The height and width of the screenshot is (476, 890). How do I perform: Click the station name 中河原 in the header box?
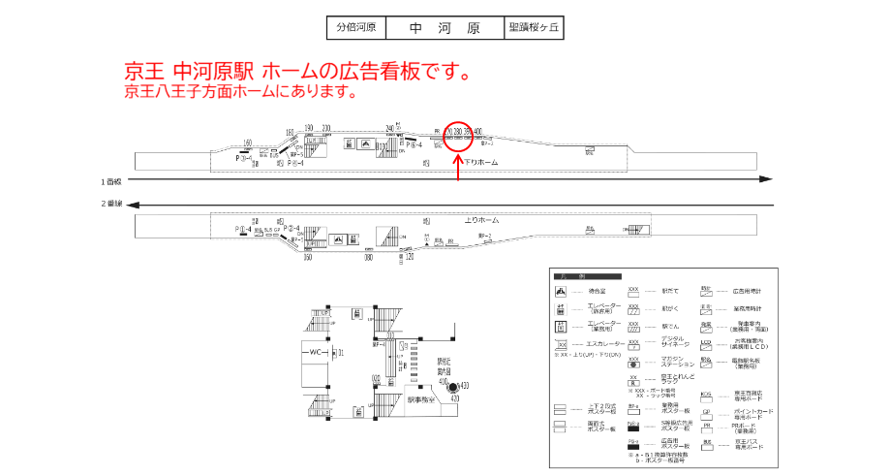[445, 28]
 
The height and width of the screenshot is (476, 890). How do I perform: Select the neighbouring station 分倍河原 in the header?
[355, 28]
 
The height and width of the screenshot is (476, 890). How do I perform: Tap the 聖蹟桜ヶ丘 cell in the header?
[534, 28]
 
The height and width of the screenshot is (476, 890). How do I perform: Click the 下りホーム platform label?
[480, 163]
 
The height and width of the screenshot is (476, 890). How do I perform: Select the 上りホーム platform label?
[481, 220]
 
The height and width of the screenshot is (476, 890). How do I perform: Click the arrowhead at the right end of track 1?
[767, 179]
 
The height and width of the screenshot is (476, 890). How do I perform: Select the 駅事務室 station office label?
[424, 399]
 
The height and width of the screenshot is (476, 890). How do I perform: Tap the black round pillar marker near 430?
[451, 388]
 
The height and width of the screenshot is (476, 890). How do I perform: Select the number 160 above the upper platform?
[248, 143]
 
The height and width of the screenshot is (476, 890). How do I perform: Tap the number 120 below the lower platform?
[410, 258]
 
